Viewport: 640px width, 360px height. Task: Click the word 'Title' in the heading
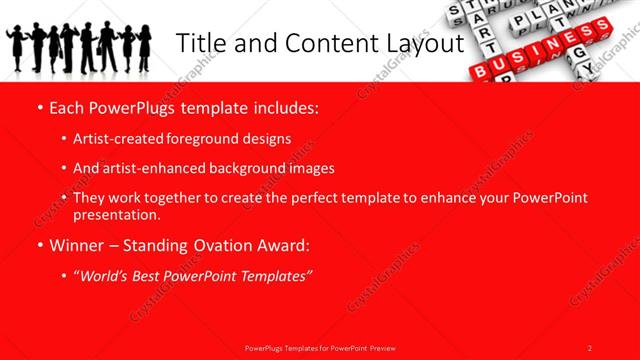click(x=196, y=43)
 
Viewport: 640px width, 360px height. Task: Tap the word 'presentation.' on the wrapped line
click(x=116, y=214)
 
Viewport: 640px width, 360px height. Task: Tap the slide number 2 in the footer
click(x=589, y=348)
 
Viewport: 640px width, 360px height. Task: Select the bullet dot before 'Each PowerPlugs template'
click(x=38, y=106)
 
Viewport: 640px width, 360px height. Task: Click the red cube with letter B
click(x=481, y=70)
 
